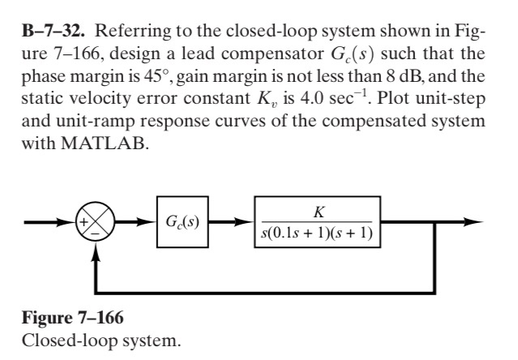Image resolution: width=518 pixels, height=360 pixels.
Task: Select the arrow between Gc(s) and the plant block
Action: click(x=232, y=220)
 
